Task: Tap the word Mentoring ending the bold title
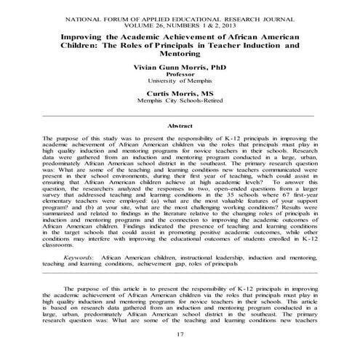(180, 53)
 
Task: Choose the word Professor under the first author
(180, 74)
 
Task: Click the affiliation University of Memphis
(180, 81)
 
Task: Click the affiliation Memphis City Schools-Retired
(180, 103)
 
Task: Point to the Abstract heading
(180, 127)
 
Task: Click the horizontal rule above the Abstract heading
(180, 116)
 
